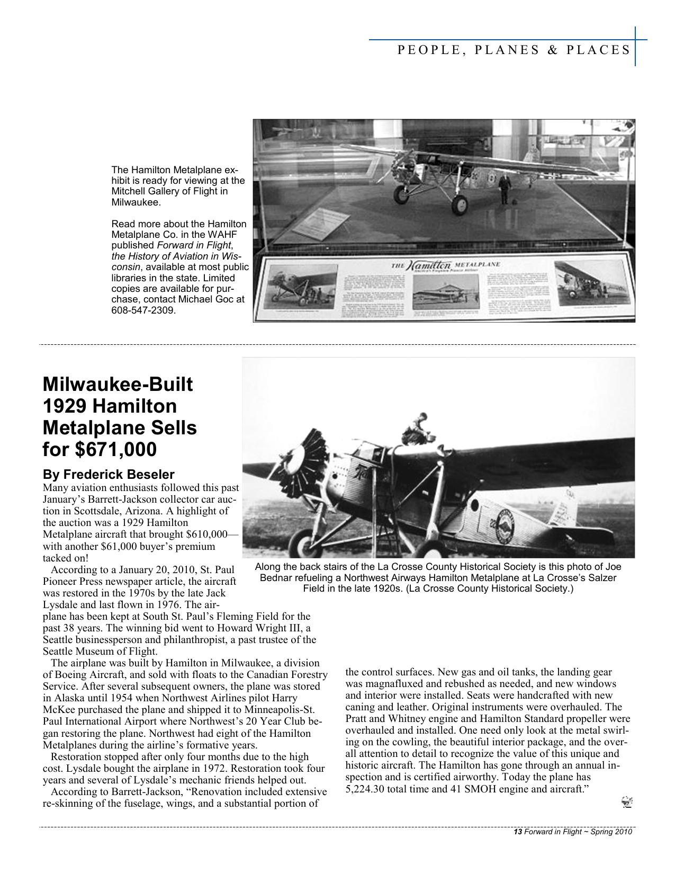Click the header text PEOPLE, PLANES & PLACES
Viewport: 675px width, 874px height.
(x=514, y=50)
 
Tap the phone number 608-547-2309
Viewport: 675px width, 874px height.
(x=142, y=310)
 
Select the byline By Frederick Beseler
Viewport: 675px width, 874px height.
(x=108, y=474)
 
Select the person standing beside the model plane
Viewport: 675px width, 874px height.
(x=505, y=190)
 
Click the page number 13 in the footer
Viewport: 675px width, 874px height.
(x=518, y=832)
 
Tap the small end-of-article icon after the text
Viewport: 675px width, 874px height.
(x=627, y=803)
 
